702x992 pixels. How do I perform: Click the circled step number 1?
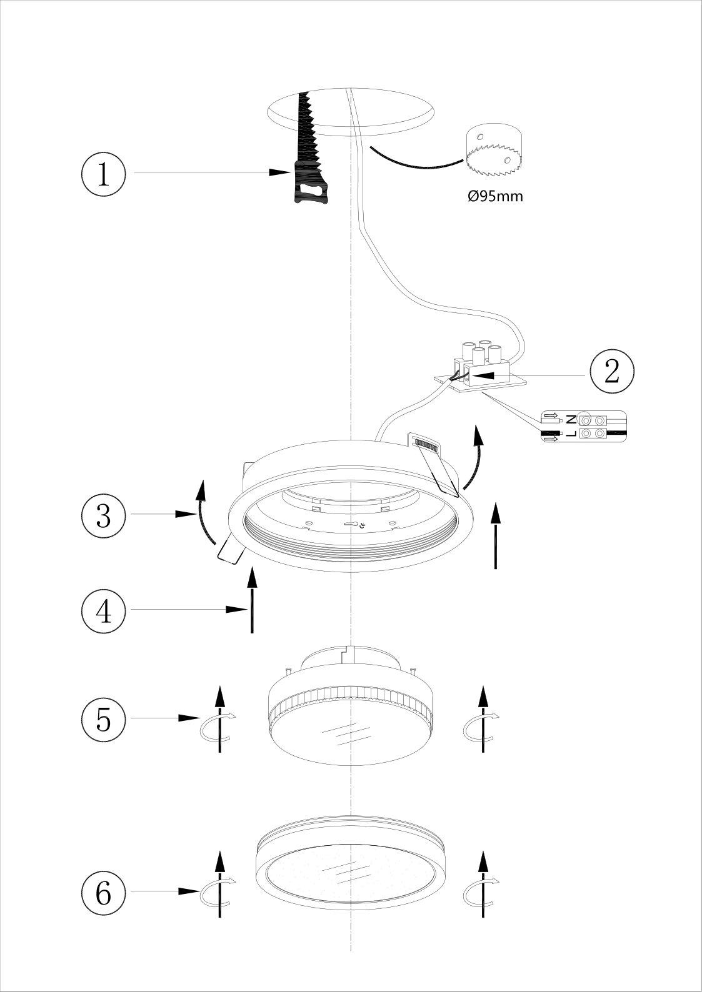point(104,174)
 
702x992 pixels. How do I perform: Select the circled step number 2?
point(610,374)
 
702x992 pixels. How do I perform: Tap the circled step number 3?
point(104,515)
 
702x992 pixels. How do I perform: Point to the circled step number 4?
point(104,610)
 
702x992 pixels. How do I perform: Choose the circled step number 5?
point(104,720)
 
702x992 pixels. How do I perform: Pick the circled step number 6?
point(104,893)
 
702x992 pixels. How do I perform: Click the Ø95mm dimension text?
point(496,196)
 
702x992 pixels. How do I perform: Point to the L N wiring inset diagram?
point(583,427)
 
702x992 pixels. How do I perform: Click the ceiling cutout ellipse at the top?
point(350,112)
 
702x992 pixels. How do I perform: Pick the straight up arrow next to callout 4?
point(252,600)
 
